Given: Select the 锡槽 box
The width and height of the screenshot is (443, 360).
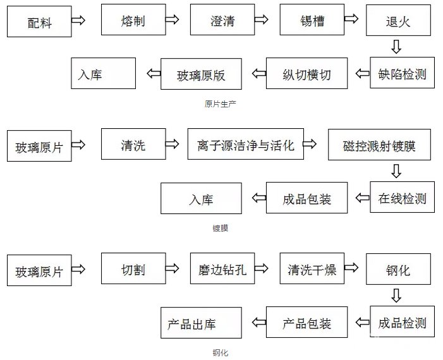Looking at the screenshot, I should click(312, 20).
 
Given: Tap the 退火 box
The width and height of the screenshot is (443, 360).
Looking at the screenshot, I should click(398, 22).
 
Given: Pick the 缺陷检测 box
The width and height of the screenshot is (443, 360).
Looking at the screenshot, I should click(402, 74).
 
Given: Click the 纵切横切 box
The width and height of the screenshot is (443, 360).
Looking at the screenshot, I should click(306, 74).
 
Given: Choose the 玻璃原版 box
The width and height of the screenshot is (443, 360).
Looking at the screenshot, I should click(202, 74).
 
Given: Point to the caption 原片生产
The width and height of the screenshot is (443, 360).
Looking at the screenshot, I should click(221, 104).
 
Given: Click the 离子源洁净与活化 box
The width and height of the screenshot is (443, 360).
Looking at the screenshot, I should click(245, 145).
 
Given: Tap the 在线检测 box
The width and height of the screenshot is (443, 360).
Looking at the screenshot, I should click(402, 198).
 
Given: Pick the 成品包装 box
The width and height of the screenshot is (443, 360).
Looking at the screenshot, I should click(306, 198).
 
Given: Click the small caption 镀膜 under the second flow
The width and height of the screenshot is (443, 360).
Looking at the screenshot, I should click(221, 228).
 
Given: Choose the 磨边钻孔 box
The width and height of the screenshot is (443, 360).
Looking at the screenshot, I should click(222, 270).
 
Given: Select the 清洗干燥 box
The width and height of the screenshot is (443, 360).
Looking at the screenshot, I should click(312, 270).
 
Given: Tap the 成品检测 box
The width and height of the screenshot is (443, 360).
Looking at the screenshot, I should click(402, 323).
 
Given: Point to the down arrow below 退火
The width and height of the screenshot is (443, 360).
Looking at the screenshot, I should click(396, 46).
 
